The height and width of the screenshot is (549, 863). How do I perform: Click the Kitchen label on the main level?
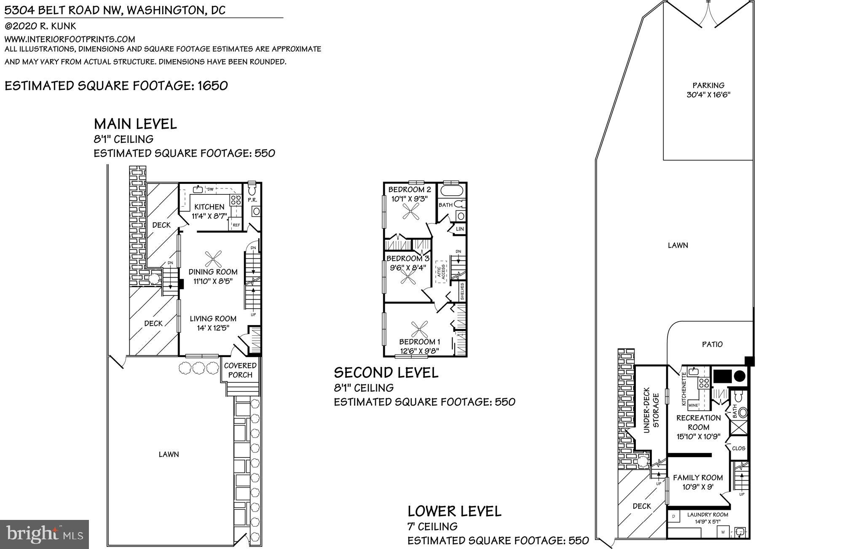pos(209,207)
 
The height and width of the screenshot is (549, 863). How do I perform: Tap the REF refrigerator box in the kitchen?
pos(236,225)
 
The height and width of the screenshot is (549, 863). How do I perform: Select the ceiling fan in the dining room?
pos(213,258)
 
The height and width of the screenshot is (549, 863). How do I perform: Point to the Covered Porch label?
pos(240,370)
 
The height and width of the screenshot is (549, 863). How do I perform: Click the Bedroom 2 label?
pos(407,189)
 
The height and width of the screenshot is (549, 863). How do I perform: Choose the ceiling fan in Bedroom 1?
pos(419,329)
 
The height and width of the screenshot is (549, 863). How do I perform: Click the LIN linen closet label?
pos(459,229)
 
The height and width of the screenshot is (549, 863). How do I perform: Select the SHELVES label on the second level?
pos(462,291)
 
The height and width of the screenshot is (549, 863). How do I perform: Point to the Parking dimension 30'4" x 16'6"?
pos(708,94)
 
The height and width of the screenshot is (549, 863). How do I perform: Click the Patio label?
pos(712,344)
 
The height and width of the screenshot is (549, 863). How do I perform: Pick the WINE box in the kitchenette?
pos(693,405)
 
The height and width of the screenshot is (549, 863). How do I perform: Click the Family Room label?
pos(698,477)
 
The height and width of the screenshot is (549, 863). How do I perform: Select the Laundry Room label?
pos(708,514)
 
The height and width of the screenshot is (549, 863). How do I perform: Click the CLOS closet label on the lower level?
pos(739,448)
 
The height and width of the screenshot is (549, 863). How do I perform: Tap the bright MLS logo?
pos(44,534)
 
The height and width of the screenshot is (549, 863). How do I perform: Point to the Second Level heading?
pos(386,372)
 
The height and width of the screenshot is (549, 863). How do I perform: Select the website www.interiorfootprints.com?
pos(70,39)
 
